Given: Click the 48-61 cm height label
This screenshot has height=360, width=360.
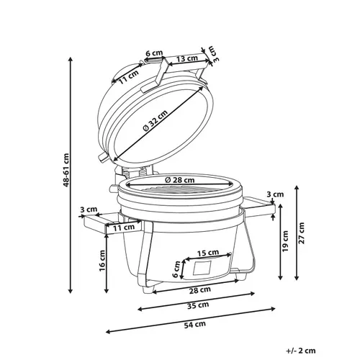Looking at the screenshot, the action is (x=66, y=170).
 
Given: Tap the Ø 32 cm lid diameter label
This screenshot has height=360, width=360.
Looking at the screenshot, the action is (x=155, y=121).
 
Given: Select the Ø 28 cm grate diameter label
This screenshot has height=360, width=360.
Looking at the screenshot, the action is (x=180, y=179).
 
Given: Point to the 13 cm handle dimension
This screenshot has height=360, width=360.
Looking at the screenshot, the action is (x=186, y=58).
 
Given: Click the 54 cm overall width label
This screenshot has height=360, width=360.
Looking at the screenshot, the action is (x=195, y=324).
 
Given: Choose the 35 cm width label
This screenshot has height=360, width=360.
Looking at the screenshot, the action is (x=198, y=305).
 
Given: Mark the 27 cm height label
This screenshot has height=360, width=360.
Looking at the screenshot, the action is (x=302, y=233).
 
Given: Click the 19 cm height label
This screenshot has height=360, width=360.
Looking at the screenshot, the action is (x=285, y=241).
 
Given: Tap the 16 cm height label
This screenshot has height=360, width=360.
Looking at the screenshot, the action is (x=102, y=261).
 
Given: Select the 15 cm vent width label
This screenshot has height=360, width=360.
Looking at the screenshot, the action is (x=208, y=253).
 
